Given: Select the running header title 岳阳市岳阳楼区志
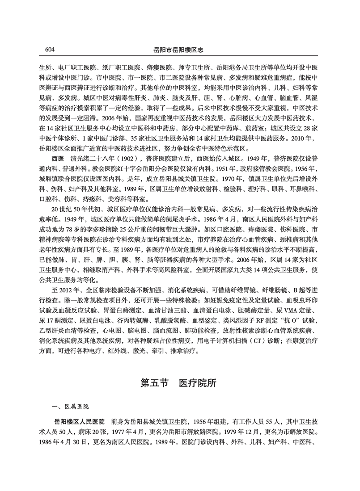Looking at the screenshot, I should click(180, 50).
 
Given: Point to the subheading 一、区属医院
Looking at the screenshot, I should click(71, 407).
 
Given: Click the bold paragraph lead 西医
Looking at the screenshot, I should click(59, 158).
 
